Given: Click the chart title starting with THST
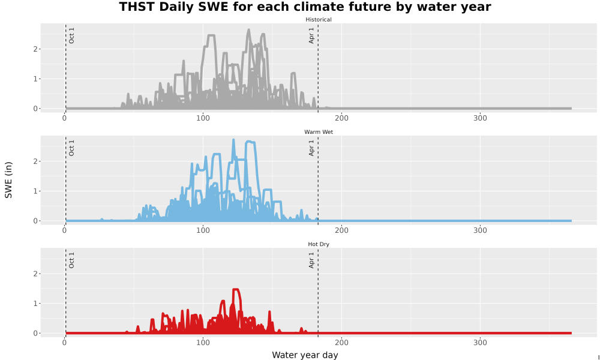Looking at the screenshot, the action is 305,7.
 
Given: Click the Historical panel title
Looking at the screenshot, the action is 319,20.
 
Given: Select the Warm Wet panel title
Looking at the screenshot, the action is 319,132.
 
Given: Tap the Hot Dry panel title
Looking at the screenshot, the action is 319,244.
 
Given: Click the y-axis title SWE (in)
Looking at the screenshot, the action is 8,180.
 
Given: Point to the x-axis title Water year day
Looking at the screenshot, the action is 305,355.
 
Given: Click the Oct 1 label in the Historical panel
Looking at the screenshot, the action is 71,35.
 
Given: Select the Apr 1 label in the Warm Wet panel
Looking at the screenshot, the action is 311,148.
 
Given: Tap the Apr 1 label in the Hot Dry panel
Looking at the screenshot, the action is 311,260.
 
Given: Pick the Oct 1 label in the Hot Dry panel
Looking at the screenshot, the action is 71,260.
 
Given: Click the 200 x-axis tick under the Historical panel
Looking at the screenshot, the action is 341,118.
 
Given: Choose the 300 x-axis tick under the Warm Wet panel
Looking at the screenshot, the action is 480,230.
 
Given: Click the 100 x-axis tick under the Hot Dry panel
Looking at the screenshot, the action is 203,343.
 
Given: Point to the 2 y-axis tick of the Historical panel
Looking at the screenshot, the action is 35,49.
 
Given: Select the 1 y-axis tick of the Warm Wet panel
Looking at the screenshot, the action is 35,191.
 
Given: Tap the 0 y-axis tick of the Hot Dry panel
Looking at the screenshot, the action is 35,333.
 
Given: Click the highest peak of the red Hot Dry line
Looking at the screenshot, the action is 236,289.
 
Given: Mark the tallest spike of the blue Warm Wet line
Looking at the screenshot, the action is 233,140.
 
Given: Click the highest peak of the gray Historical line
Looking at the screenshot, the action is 249,30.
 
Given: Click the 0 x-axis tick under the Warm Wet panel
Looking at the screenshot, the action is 64,230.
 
